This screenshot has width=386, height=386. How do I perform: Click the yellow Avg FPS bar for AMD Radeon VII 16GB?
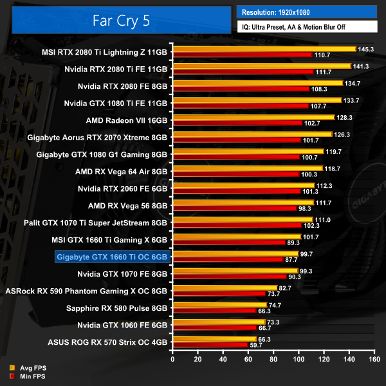[x=253, y=117]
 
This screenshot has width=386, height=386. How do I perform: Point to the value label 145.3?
[x=367, y=48]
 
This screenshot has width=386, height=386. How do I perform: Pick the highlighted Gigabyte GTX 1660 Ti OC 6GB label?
[x=112, y=257]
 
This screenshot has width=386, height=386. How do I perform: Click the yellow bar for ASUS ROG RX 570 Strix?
[x=214, y=338]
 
